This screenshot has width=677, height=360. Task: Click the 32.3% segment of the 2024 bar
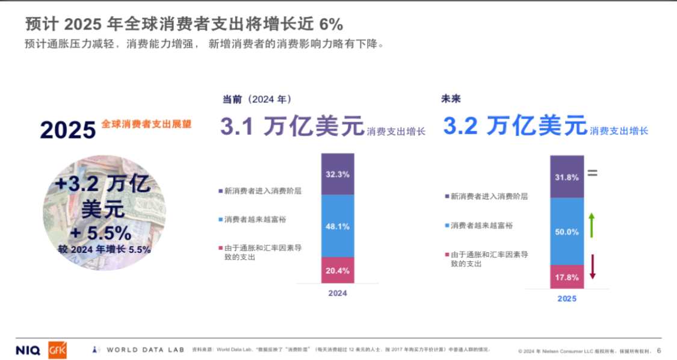pos(338,174)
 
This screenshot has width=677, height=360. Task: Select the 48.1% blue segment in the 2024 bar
pos(338,226)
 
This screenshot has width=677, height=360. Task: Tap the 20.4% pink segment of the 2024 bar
pos(338,270)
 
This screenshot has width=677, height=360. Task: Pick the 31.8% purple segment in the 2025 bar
pos(567,177)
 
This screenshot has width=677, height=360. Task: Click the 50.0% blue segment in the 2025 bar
pos(567,231)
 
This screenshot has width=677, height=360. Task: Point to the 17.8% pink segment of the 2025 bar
pos(567,277)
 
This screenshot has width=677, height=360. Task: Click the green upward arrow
pos(592,225)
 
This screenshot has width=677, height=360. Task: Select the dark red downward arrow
pos(592,267)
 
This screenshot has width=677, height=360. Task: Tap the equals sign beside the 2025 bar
pos(592,173)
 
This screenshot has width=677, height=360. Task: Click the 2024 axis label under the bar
pos(338,294)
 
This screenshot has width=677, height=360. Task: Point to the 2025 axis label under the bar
pos(567,299)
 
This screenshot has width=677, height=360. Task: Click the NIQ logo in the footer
pos(28,350)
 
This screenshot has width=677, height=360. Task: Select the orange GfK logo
pos(58,349)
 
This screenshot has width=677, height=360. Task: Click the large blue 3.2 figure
pos(460,126)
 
